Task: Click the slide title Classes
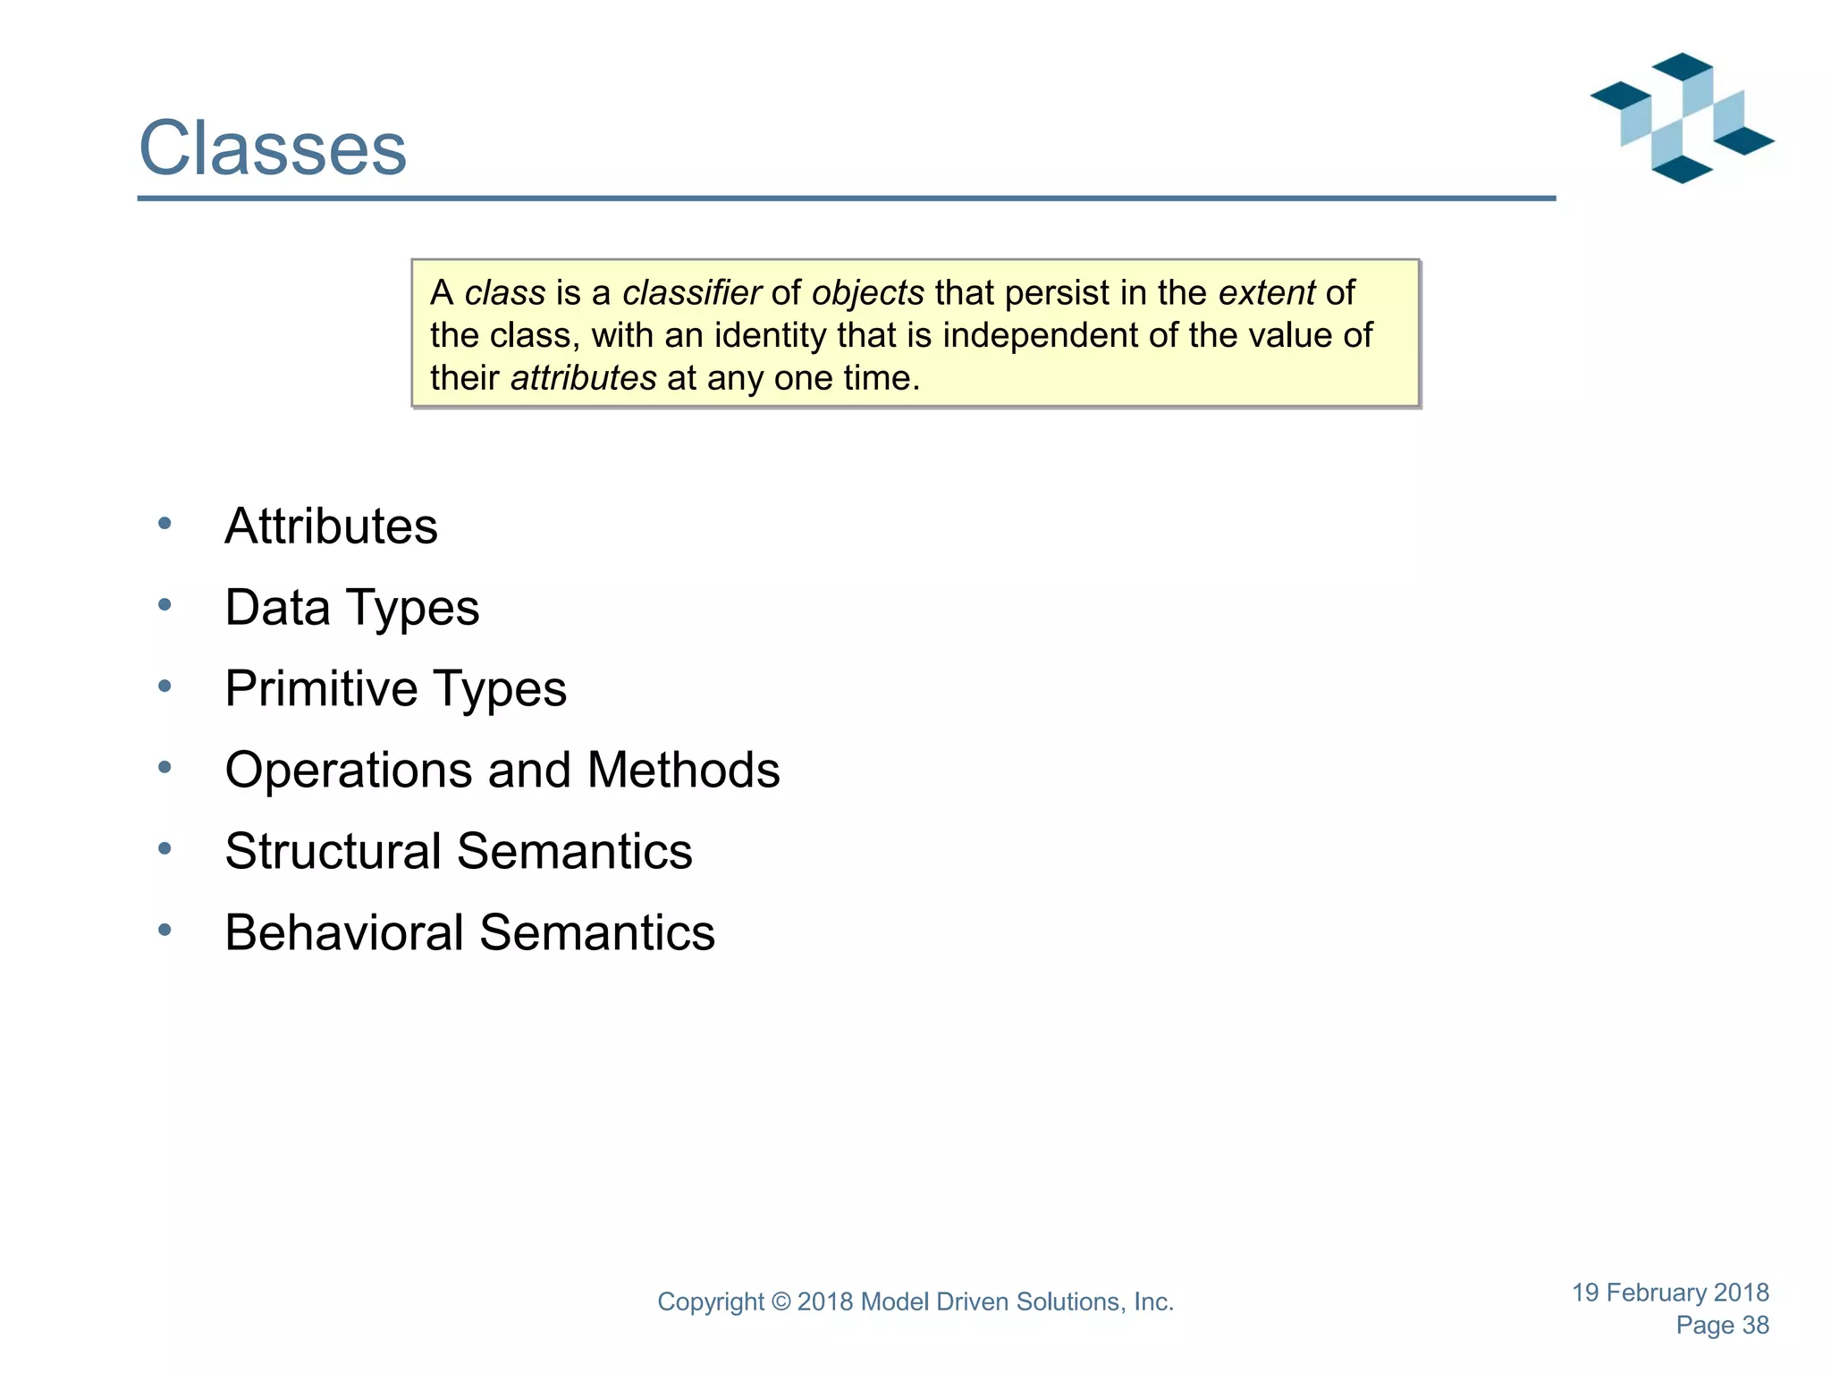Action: pos(273,148)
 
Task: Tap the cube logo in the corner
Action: pos(1681,118)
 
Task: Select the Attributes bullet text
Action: pos(331,526)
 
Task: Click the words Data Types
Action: pos(351,608)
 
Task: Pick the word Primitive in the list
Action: pos(321,689)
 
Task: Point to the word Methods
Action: pos(683,770)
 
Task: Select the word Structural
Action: pos(333,851)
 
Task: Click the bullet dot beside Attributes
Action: pos(165,524)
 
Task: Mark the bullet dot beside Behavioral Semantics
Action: pos(165,931)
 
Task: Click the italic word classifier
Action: pos(691,292)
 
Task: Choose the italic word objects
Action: pos(867,293)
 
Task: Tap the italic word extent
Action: pos(1266,292)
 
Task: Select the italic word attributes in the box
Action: pos(583,378)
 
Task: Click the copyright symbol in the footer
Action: pos(781,1302)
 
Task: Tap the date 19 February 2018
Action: pos(1670,1293)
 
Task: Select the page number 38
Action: pos(1755,1326)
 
